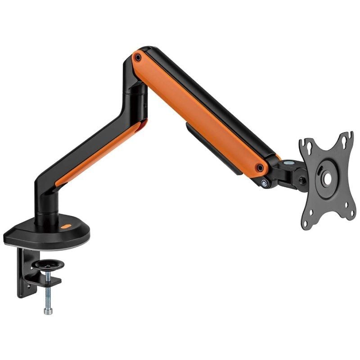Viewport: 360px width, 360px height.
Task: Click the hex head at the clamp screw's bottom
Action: click(48, 310)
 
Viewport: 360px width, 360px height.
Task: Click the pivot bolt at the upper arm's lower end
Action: click(260, 168)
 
